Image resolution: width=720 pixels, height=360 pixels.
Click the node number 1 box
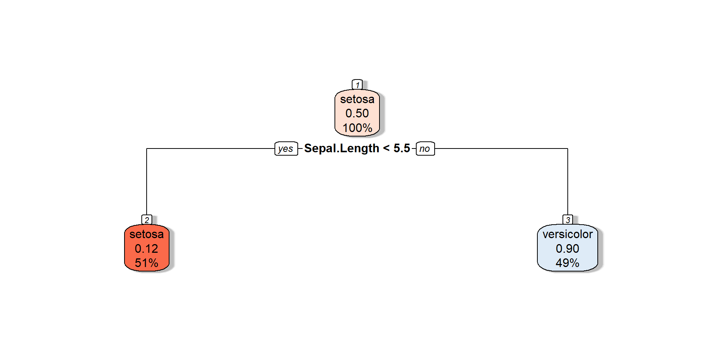pyautogui.click(x=357, y=85)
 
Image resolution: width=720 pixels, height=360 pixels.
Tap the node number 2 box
pyautogui.click(x=147, y=220)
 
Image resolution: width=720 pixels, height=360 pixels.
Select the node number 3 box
pyautogui.click(x=568, y=220)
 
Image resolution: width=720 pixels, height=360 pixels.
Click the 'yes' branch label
pyautogui.click(x=286, y=148)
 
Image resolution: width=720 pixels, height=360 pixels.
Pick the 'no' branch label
pyautogui.click(x=425, y=148)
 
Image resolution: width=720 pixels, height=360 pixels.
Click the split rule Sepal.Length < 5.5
pyautogui.click(x=357, y=148)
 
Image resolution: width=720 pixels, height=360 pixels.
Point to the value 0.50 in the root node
pyautogui.click(x=357, y=113)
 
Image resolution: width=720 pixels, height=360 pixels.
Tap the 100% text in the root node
pyautogui.click(x=357, y=128)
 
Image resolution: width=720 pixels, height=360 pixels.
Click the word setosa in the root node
pyautogui.click(x=357, y=99)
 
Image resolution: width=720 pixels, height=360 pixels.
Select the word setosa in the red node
pyautogui.click(x=147, y=234)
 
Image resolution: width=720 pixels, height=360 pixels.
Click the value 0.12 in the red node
pyautogui.click(x=147, y=249)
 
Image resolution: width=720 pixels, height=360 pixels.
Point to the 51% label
pyautogui.click(x=147, y=263)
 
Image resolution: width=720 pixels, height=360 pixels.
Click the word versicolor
pyautogui.click(x=568, y=234)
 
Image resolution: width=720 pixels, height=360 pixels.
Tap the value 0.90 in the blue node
pyautogui.click(x=568, y=249)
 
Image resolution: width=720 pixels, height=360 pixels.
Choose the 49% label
pyautogui.click(x=568, y=263)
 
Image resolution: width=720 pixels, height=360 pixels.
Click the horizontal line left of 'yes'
pyautogui.click(x=210, y=148)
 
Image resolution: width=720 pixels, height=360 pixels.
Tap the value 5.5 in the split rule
pyautogui.click(x=402, y=148)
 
